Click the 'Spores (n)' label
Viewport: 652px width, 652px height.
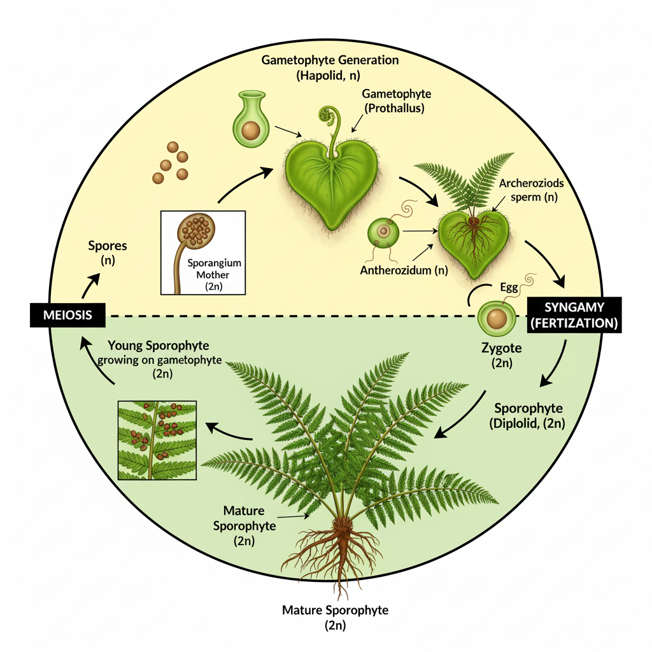coord(107,252)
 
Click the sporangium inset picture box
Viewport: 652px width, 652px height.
coord(203,252)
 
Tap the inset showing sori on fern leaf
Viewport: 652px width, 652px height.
coord(157,439)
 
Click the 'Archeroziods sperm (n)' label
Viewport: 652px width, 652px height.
coord(531,190)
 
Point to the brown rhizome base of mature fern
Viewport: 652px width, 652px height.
coord(344,528)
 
